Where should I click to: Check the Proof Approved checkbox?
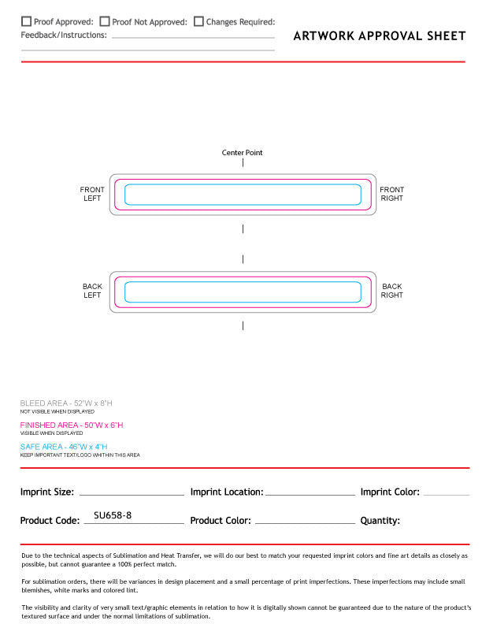(x=26, y=22)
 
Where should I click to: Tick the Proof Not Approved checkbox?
(x=105, y=22)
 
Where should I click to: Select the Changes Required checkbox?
(x=198, y=22)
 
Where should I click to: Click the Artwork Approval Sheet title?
(x=379, y=35)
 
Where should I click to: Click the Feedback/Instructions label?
(x=64, y=35)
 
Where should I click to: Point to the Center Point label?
(x=243, y=153)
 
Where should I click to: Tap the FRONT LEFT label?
(x=92, y=194)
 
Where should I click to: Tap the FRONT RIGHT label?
(x=391, y=194)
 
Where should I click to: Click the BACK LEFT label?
(x=92, y=291)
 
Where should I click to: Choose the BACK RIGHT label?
(x=391, y=291)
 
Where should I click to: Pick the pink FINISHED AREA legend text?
(x=72, y=425)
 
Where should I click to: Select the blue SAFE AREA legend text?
(x=64, y=447)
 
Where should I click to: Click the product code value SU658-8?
(x=113, y=515)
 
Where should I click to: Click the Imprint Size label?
(x=47, y=492)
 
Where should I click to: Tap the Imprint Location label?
(x=227, y=492)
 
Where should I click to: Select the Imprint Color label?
(x=390, y=492)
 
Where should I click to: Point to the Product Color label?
(x=221, y=521)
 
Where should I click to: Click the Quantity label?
(x=380, y=521)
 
